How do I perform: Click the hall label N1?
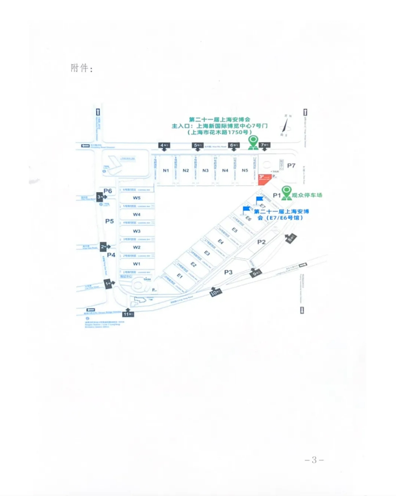[x=166, y=170]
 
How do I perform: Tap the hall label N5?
[x=245, y=170]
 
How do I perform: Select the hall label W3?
[x=136, y=231]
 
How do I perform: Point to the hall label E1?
[x=180, y=276]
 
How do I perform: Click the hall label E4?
[x=221, y=242]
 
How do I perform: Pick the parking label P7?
[x=291, y=166]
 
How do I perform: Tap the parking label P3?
[x=228, y=272]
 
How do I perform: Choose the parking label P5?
[x=109, y=221]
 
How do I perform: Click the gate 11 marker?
[x=128, y=314]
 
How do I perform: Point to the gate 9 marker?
[x=257, y=272]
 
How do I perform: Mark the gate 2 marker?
[x=103, y=246]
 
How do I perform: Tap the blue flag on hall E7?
[x=259, y=200]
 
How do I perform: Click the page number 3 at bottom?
[x=314, y=460]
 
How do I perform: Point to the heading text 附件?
[x=81, y=68]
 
